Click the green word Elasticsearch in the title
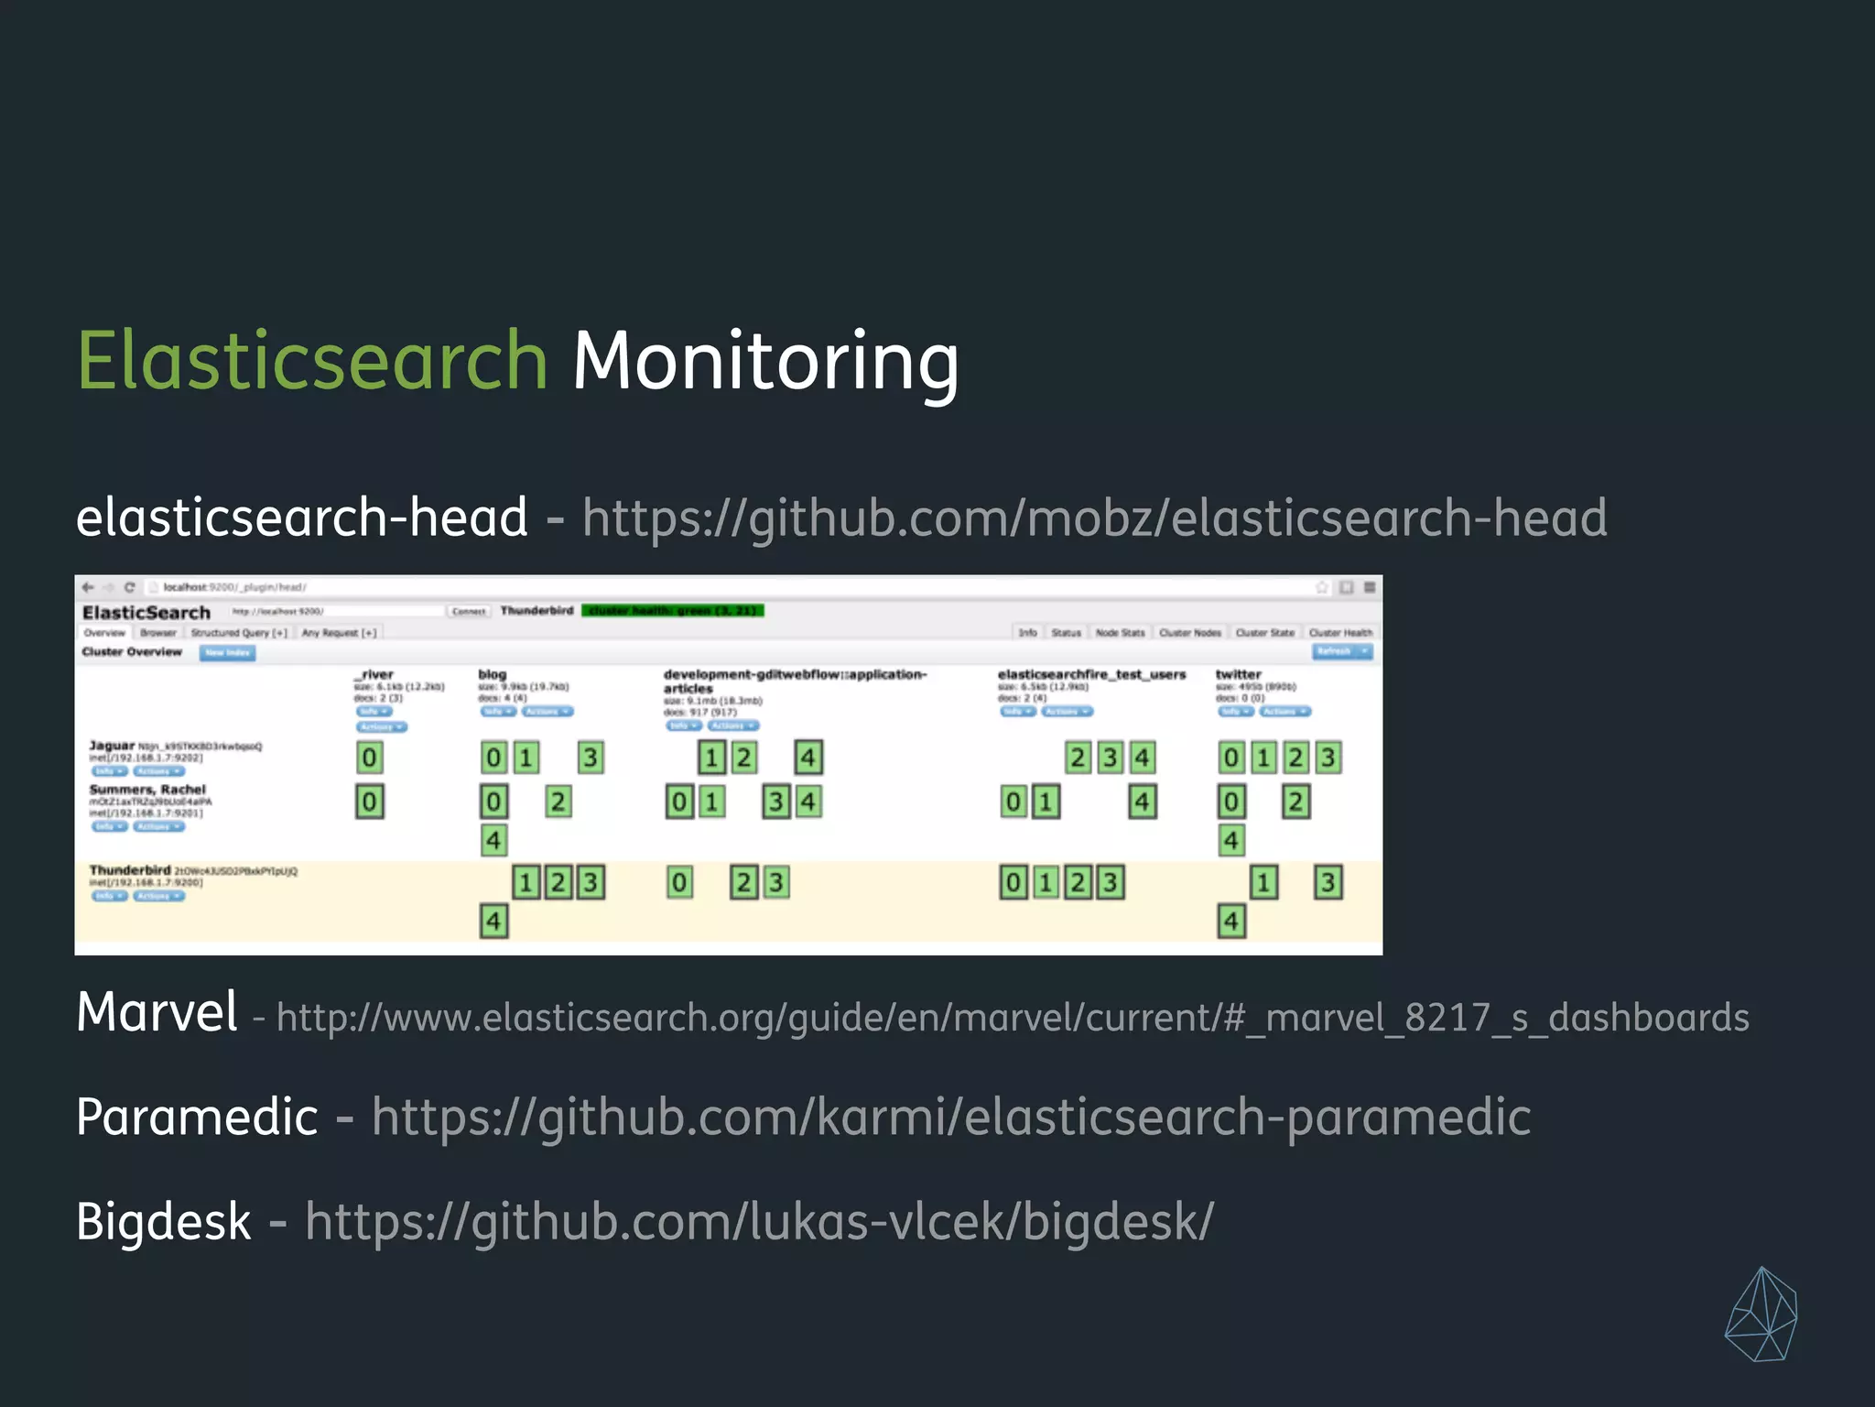click(311, 361)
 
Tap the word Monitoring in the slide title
click(765, 361)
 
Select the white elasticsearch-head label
click(301, 518)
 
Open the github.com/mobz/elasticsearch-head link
click(1094, 518)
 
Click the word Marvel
click(157, 1012)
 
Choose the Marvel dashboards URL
click(1013, 1018)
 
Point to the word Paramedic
click(197, 1118)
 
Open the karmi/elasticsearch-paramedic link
click(950, 1118)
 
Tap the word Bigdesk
click(163, 1222)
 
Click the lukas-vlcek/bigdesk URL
click(759, 1222)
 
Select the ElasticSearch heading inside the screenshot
click(146, 613)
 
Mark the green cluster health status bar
click(673, 610)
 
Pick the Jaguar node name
click(112, 746)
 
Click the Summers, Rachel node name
click(147, 789)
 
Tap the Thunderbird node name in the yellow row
click(130, 869)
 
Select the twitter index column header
click(1238, 674)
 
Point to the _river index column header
click(374, 674)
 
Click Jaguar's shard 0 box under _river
click(369, 758)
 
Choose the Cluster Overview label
click(132, 652)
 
